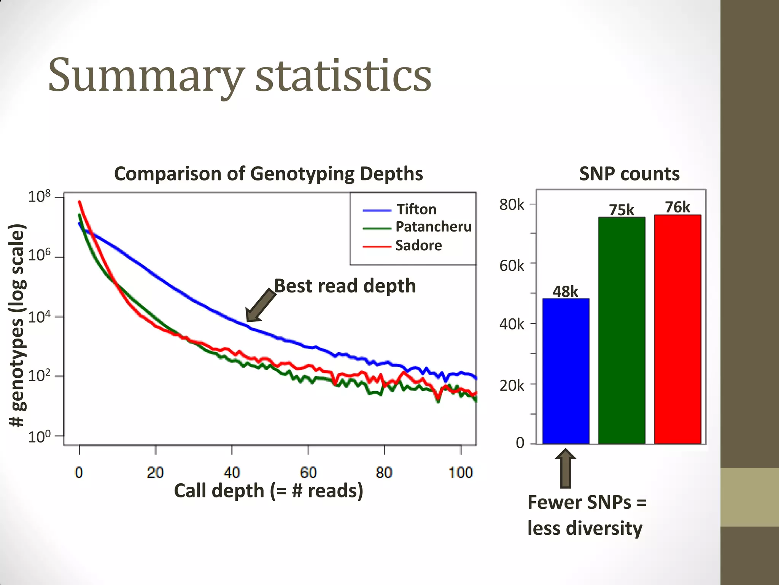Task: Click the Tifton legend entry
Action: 416,209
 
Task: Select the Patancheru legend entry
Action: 433,227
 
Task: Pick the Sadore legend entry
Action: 418,246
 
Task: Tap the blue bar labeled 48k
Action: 566,371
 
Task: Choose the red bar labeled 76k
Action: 677,329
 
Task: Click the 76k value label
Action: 677,207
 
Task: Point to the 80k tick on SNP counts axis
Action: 512,205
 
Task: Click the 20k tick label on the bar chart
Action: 512,386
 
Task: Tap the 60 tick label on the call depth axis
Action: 308,473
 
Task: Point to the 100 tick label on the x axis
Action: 461,473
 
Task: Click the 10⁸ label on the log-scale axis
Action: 39,197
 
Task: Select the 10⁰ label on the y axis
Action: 39,436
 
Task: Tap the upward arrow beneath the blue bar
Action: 566,468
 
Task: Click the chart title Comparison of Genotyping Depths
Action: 269,174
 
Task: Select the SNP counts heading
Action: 629,174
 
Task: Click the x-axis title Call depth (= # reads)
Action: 269,491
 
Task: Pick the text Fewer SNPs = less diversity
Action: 586,515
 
